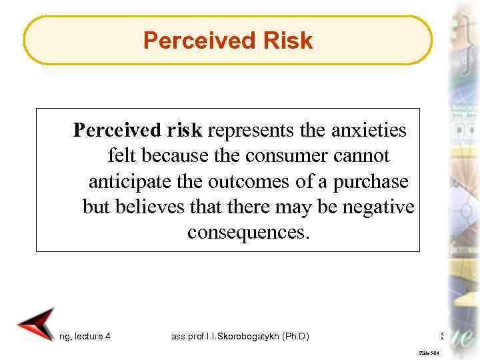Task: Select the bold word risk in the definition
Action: tap(185, 130)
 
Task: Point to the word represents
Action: tap(249, 130)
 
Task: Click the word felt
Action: tap(121, 156)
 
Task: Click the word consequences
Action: tap(249, 233)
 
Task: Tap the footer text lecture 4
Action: tap(91, 337)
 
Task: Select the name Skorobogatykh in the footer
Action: tap(247, 337)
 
